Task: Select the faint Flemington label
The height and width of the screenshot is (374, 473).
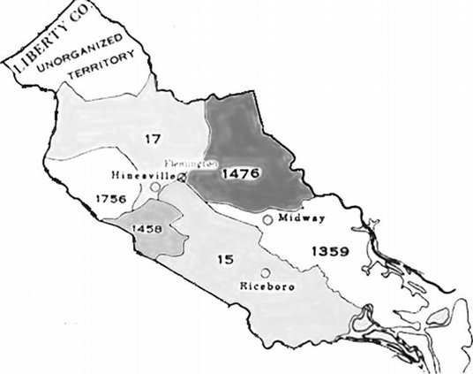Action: click(195, 164)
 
